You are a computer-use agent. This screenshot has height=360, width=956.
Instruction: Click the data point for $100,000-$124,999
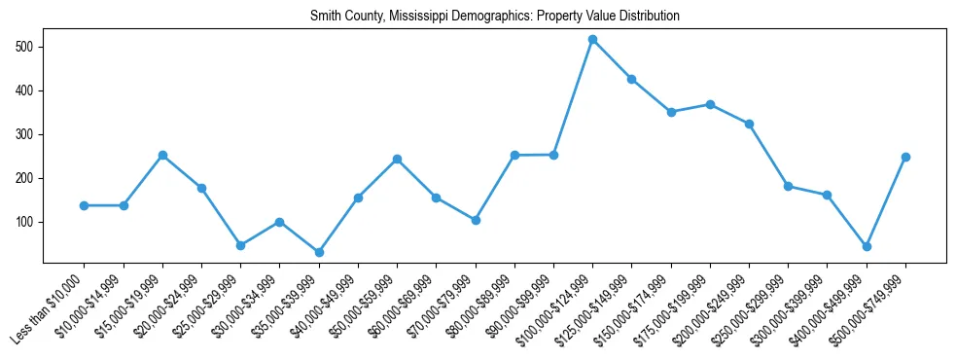pos(592,40)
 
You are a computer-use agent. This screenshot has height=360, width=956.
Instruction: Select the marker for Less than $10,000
pos(85,205)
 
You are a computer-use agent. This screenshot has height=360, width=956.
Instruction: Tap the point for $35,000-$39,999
pos(319,252)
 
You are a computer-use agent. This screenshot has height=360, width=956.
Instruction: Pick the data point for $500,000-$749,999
pos(905,157)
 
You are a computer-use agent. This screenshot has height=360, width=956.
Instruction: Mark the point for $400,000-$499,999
pos(867,247)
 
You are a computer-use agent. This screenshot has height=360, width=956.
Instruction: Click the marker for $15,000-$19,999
pos(162,155)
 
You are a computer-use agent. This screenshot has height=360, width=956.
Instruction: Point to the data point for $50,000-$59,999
pos(397,159)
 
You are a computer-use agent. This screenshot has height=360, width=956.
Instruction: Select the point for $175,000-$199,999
pos(710,104)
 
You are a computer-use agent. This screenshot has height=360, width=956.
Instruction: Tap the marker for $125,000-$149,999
pos(632,79)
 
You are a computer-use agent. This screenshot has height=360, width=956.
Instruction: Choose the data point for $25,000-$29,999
pos(240,245)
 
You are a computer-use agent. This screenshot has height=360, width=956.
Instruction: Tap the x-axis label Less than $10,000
pos(49,305)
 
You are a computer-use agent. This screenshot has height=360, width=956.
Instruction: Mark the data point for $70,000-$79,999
pos(476,220)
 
